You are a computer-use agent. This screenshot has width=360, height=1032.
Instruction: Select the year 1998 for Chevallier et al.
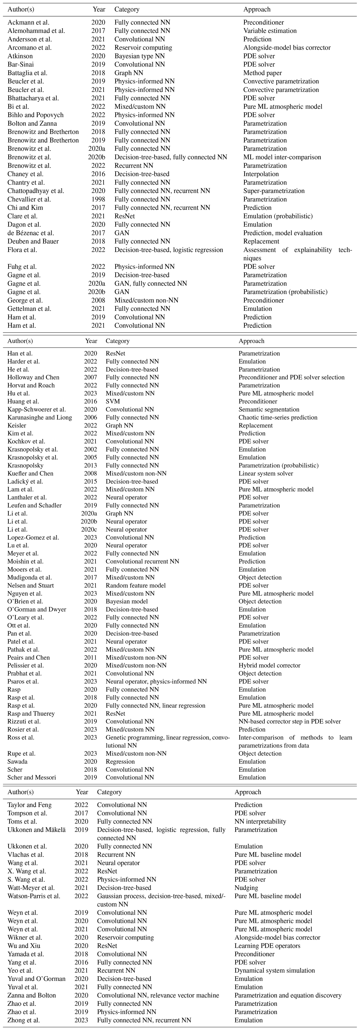pos(98,199)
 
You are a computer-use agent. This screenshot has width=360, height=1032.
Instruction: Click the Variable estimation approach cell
pos(270,31)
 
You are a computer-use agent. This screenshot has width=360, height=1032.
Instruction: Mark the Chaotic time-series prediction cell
pos(278,417)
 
